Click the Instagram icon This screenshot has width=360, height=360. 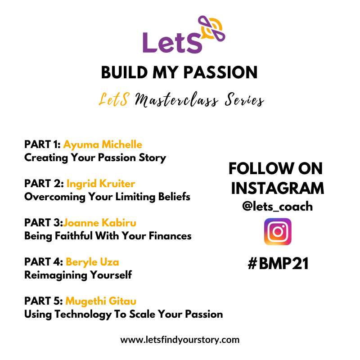pos(278,231)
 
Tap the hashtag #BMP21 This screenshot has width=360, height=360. pos(278,263)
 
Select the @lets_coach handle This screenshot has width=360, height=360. pos(277,206)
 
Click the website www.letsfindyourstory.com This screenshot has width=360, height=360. pos(180,340)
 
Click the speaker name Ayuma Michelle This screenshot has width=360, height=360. pos(103,145)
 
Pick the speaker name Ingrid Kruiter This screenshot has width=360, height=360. pos(101,184)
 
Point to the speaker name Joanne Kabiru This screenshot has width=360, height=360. pos(99,223)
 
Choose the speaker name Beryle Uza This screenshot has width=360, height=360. pos(92,262)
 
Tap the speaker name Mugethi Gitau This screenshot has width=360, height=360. pos(101,301)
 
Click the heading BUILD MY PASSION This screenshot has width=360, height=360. pos(179,72)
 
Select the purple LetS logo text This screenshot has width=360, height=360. pos(172,43)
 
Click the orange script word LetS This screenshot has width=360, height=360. pos(114,99)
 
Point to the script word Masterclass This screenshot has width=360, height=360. pos(176,100)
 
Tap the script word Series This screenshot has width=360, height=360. pos(244,100)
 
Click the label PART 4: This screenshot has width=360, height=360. pos(44,262)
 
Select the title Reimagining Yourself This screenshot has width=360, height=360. pos(78,275)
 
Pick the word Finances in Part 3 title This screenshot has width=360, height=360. pos(170,236)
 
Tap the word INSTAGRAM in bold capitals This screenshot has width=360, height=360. pos(277,189)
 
